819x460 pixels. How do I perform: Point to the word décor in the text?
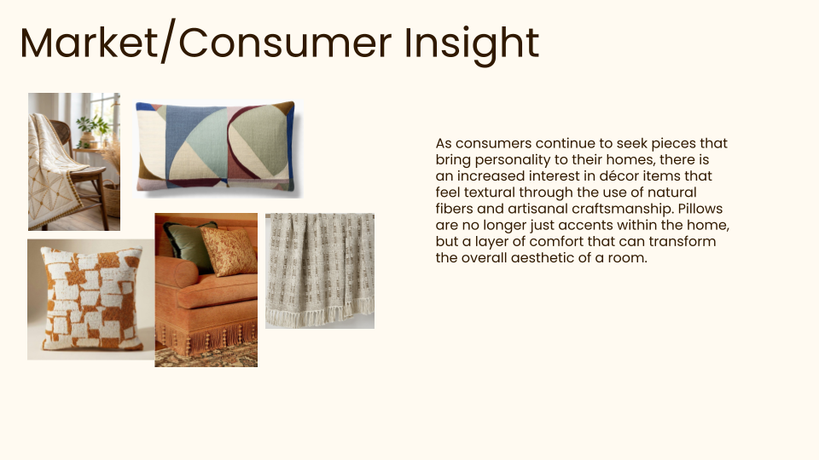click(x=608, y=175)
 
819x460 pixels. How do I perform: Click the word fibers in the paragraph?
click(x=455, y=209)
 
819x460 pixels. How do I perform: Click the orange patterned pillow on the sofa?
click(x=229, y=250)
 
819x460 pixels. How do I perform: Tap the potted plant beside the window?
click(x=89, y=129)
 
